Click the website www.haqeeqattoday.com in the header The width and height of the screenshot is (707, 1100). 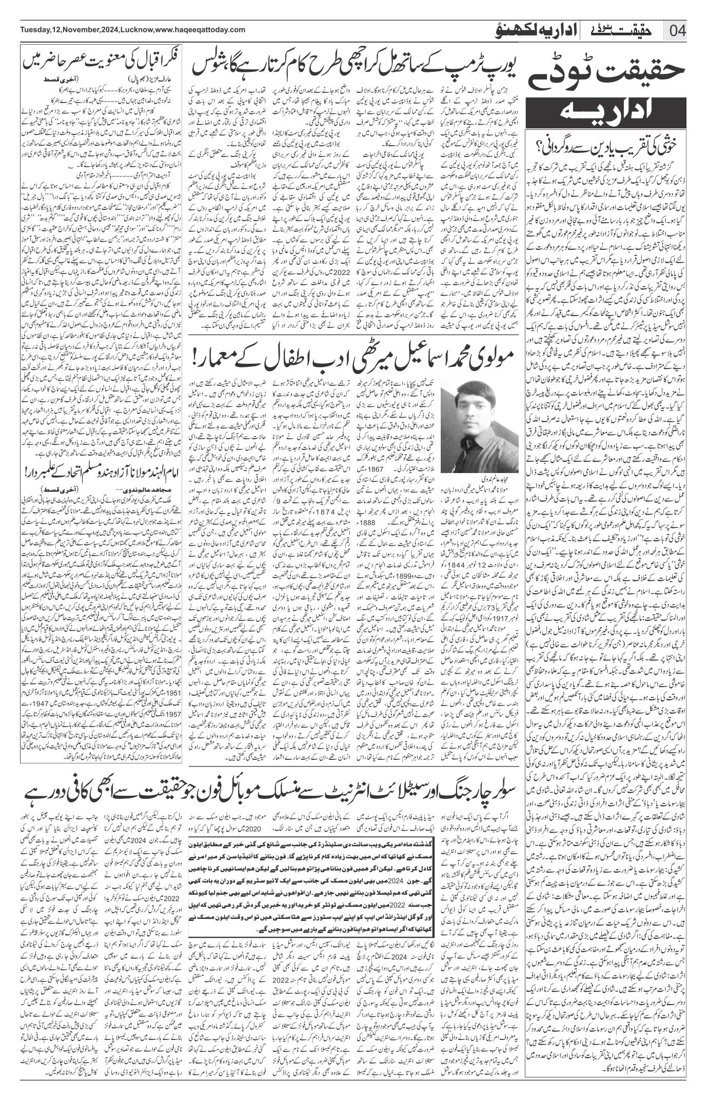click(x=202, y=29)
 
